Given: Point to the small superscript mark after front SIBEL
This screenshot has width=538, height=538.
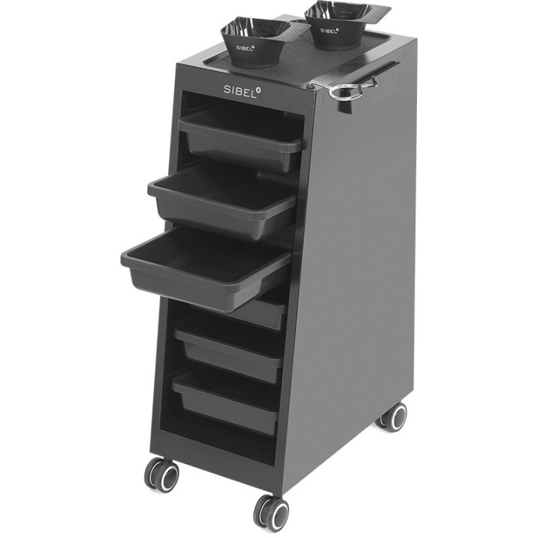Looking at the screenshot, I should [x=259, y=84].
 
